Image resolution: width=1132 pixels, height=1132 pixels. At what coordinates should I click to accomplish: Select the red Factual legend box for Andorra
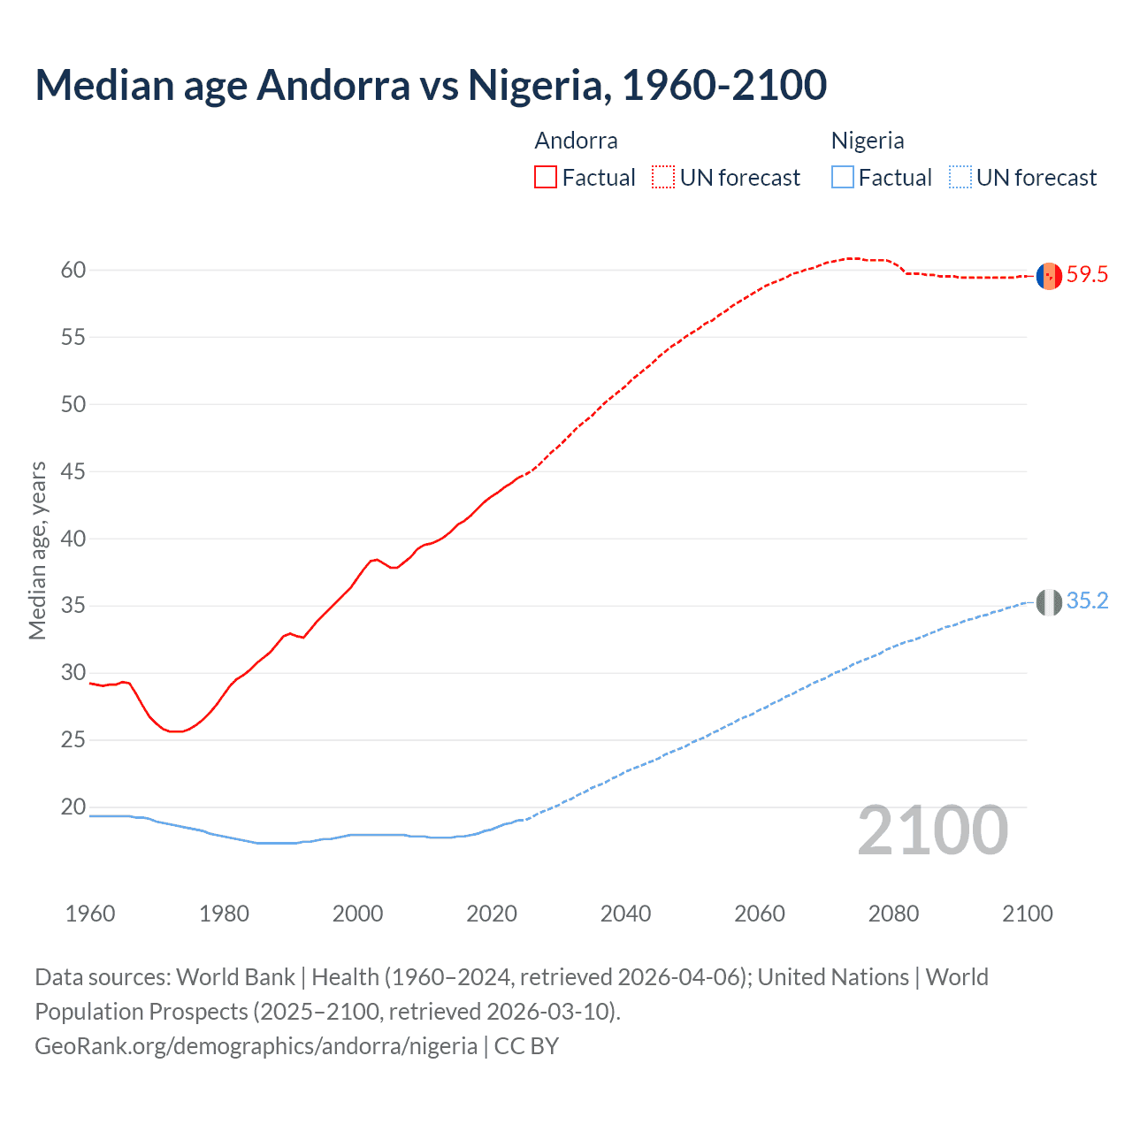tap(546, 177)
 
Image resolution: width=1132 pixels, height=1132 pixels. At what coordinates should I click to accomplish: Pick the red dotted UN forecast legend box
tap(663, 177)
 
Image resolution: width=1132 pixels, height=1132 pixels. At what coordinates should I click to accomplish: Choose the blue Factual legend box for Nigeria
tap(843, 177)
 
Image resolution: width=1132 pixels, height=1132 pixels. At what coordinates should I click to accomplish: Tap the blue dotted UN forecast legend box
tap(960, 177)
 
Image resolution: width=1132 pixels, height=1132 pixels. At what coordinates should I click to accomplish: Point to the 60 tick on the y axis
tap(73, 270)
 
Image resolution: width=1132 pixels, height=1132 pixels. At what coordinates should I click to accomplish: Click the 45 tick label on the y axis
tap(73, 471)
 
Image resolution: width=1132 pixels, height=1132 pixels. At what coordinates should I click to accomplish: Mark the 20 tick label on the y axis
tap(73, 807)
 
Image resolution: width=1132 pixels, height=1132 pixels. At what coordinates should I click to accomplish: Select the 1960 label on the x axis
tap(90, 914)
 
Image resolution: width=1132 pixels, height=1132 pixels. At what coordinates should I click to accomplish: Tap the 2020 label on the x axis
tap(492, 914)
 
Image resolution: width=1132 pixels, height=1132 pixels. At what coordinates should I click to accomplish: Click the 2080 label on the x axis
tap(893, 914)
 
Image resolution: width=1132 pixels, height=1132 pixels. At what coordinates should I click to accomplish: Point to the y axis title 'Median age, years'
tap(37, 550)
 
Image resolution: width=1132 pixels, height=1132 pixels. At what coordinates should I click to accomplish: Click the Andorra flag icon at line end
tap(1049, 276)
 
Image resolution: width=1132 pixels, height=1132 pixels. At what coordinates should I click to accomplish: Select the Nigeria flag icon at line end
tap(1049, 602)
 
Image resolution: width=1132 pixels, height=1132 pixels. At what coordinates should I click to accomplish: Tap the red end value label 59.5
tap(1087, 275)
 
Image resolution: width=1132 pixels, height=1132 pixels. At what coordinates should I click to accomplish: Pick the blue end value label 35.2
tap(1087, 601)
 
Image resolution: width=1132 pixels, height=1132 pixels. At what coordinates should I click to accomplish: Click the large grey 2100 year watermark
tap(932, 830)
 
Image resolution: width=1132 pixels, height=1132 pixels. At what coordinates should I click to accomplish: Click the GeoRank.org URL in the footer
tap(256, 1046)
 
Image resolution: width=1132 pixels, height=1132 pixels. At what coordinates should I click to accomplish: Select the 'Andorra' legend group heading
tap(576, 141)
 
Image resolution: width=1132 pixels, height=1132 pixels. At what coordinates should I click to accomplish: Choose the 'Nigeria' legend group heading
tap(868, 141)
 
